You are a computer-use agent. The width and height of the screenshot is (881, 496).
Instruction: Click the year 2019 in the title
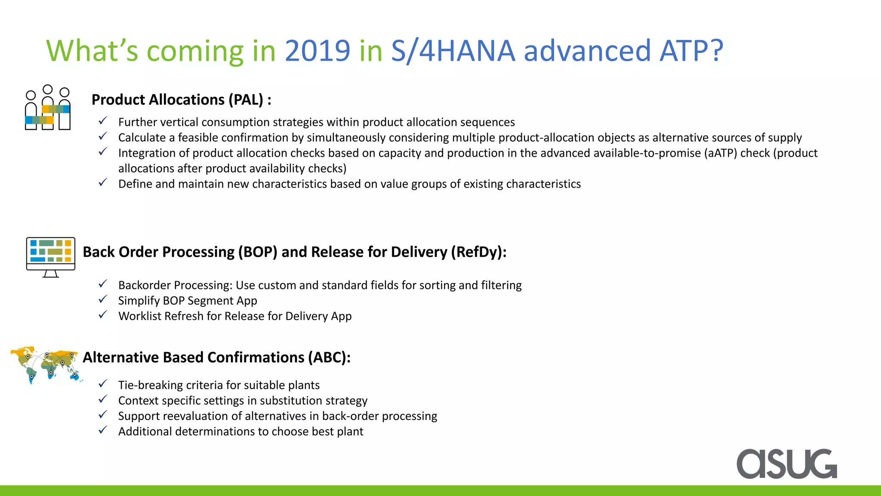click(x=317, y=51)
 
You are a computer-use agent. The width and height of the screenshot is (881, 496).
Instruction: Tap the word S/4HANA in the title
click(x=453, y=51)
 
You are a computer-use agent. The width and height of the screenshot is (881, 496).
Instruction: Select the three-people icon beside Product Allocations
click(x=47, y=108)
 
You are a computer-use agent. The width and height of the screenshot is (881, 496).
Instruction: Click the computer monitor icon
click(x=51, y=257)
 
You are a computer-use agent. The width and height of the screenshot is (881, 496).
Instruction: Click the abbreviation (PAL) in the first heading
click(x=246, y=100)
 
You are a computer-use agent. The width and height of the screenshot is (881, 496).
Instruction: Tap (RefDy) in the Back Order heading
click(x=476, y=252)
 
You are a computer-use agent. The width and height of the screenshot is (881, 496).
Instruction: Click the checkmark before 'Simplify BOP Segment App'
click(x=103, y=299)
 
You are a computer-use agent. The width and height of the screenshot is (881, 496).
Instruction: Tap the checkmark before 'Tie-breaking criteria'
click(x=103, y=384)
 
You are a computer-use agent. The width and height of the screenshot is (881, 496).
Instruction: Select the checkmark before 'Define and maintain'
click(x=103, y=183)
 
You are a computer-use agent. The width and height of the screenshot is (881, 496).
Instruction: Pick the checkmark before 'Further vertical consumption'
click(x=103, y=121)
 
